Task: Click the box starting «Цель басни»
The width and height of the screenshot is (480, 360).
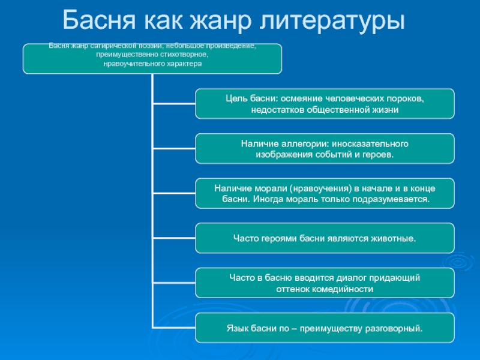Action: (325, 103)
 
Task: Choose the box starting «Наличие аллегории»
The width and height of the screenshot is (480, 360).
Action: (325, 149)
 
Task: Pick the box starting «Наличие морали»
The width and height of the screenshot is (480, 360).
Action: (325, 193)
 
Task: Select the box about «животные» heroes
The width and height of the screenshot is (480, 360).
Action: (325, 239)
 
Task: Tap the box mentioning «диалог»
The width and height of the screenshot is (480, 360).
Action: (325, 283)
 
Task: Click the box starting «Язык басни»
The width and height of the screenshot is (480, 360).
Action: (325, 328)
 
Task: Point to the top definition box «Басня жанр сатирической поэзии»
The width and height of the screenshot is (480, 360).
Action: (152, 58)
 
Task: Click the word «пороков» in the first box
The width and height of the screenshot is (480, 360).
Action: (406, 98)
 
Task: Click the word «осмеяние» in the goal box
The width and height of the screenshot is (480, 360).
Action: (301, 98)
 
